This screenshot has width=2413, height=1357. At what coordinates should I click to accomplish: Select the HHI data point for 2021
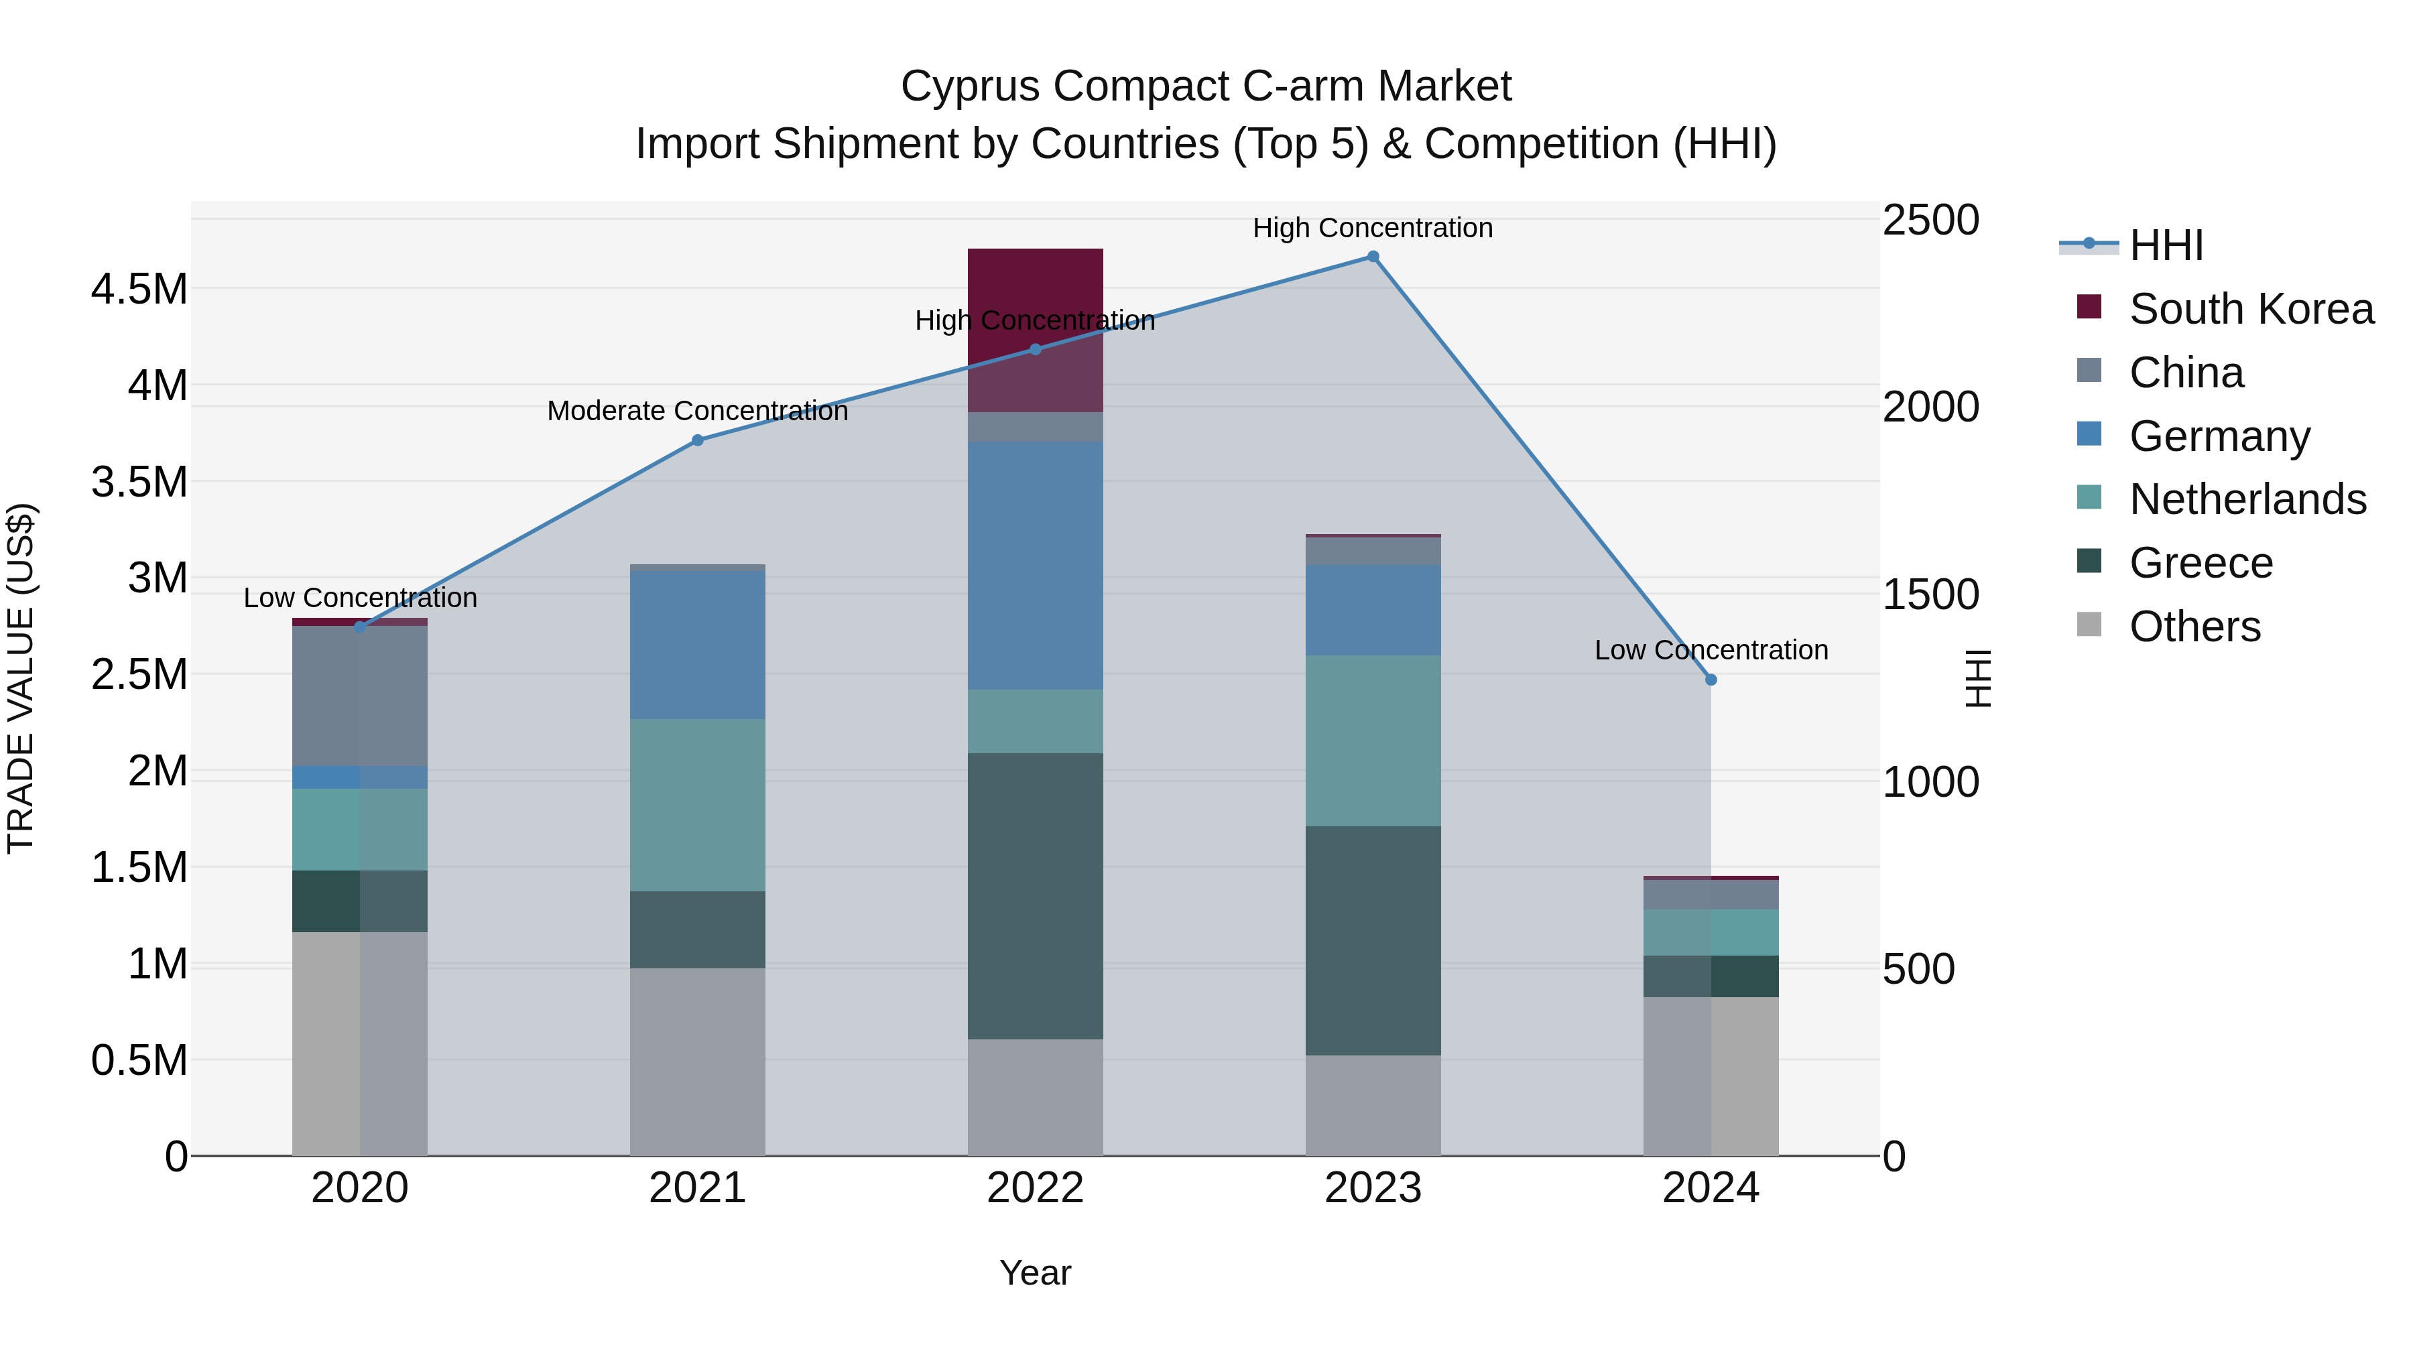pyautogui.click(x=697, y=440)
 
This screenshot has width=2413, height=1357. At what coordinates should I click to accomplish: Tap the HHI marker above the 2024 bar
pyautogui.click(x=1711, y=680)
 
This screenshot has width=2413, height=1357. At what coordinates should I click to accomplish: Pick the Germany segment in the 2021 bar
pyautogui.click(x=697, y=645)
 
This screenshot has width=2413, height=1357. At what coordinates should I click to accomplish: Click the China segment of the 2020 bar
pyautogui.click(x=360, y=696)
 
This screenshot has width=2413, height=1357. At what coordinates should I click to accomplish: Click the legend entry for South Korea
pyautogui.click(x=2250, y=309)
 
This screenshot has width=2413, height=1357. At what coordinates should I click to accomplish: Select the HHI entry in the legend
pyautogui.click(x=2165, y=245)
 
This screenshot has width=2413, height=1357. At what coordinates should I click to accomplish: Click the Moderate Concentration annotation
pyautogui.click(x=697, y=411)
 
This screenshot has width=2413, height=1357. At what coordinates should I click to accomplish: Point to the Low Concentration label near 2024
pyautogui.click(x=1711, y=650)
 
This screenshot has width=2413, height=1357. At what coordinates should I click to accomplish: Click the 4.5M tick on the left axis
pyautogui.click(x=139, y=289)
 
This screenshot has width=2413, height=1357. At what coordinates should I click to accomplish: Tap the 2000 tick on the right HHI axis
pyautogui.click(x=1930, y=407)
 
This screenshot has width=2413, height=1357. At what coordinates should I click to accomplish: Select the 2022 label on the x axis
pyautogui.click(x=1035, y=1188)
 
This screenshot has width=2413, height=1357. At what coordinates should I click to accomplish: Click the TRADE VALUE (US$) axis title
pyautogui.click(x=21, y=678)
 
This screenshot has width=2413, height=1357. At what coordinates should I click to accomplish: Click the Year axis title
pyautogui.click(x=1035, y=1273)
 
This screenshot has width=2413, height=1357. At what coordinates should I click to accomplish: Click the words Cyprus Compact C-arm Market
pyautogui.click(x=1206, y=86)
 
